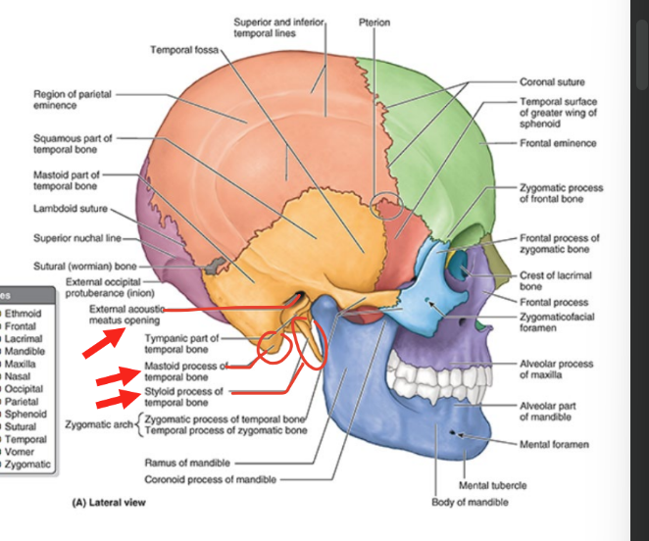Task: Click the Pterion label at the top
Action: point(374,21)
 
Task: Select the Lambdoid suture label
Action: point(70,209)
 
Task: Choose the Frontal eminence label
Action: point(558,143)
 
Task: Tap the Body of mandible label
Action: point(470,503)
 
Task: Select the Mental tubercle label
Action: point(492,485)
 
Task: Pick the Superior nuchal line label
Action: point(75,237)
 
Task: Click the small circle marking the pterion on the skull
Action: point(386,205)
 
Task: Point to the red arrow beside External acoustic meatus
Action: point(102,342)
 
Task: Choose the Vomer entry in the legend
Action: point(18,452)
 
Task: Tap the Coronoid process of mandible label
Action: point(210,479)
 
